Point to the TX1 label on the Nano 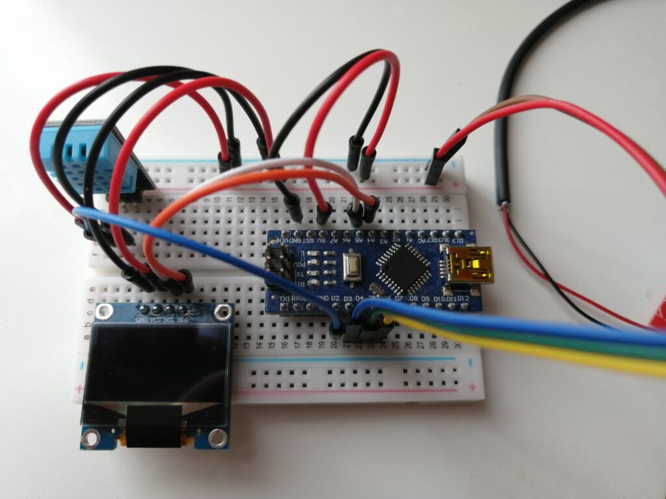(284, 298)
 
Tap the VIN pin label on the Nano (282, 241)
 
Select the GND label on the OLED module (141, 320)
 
